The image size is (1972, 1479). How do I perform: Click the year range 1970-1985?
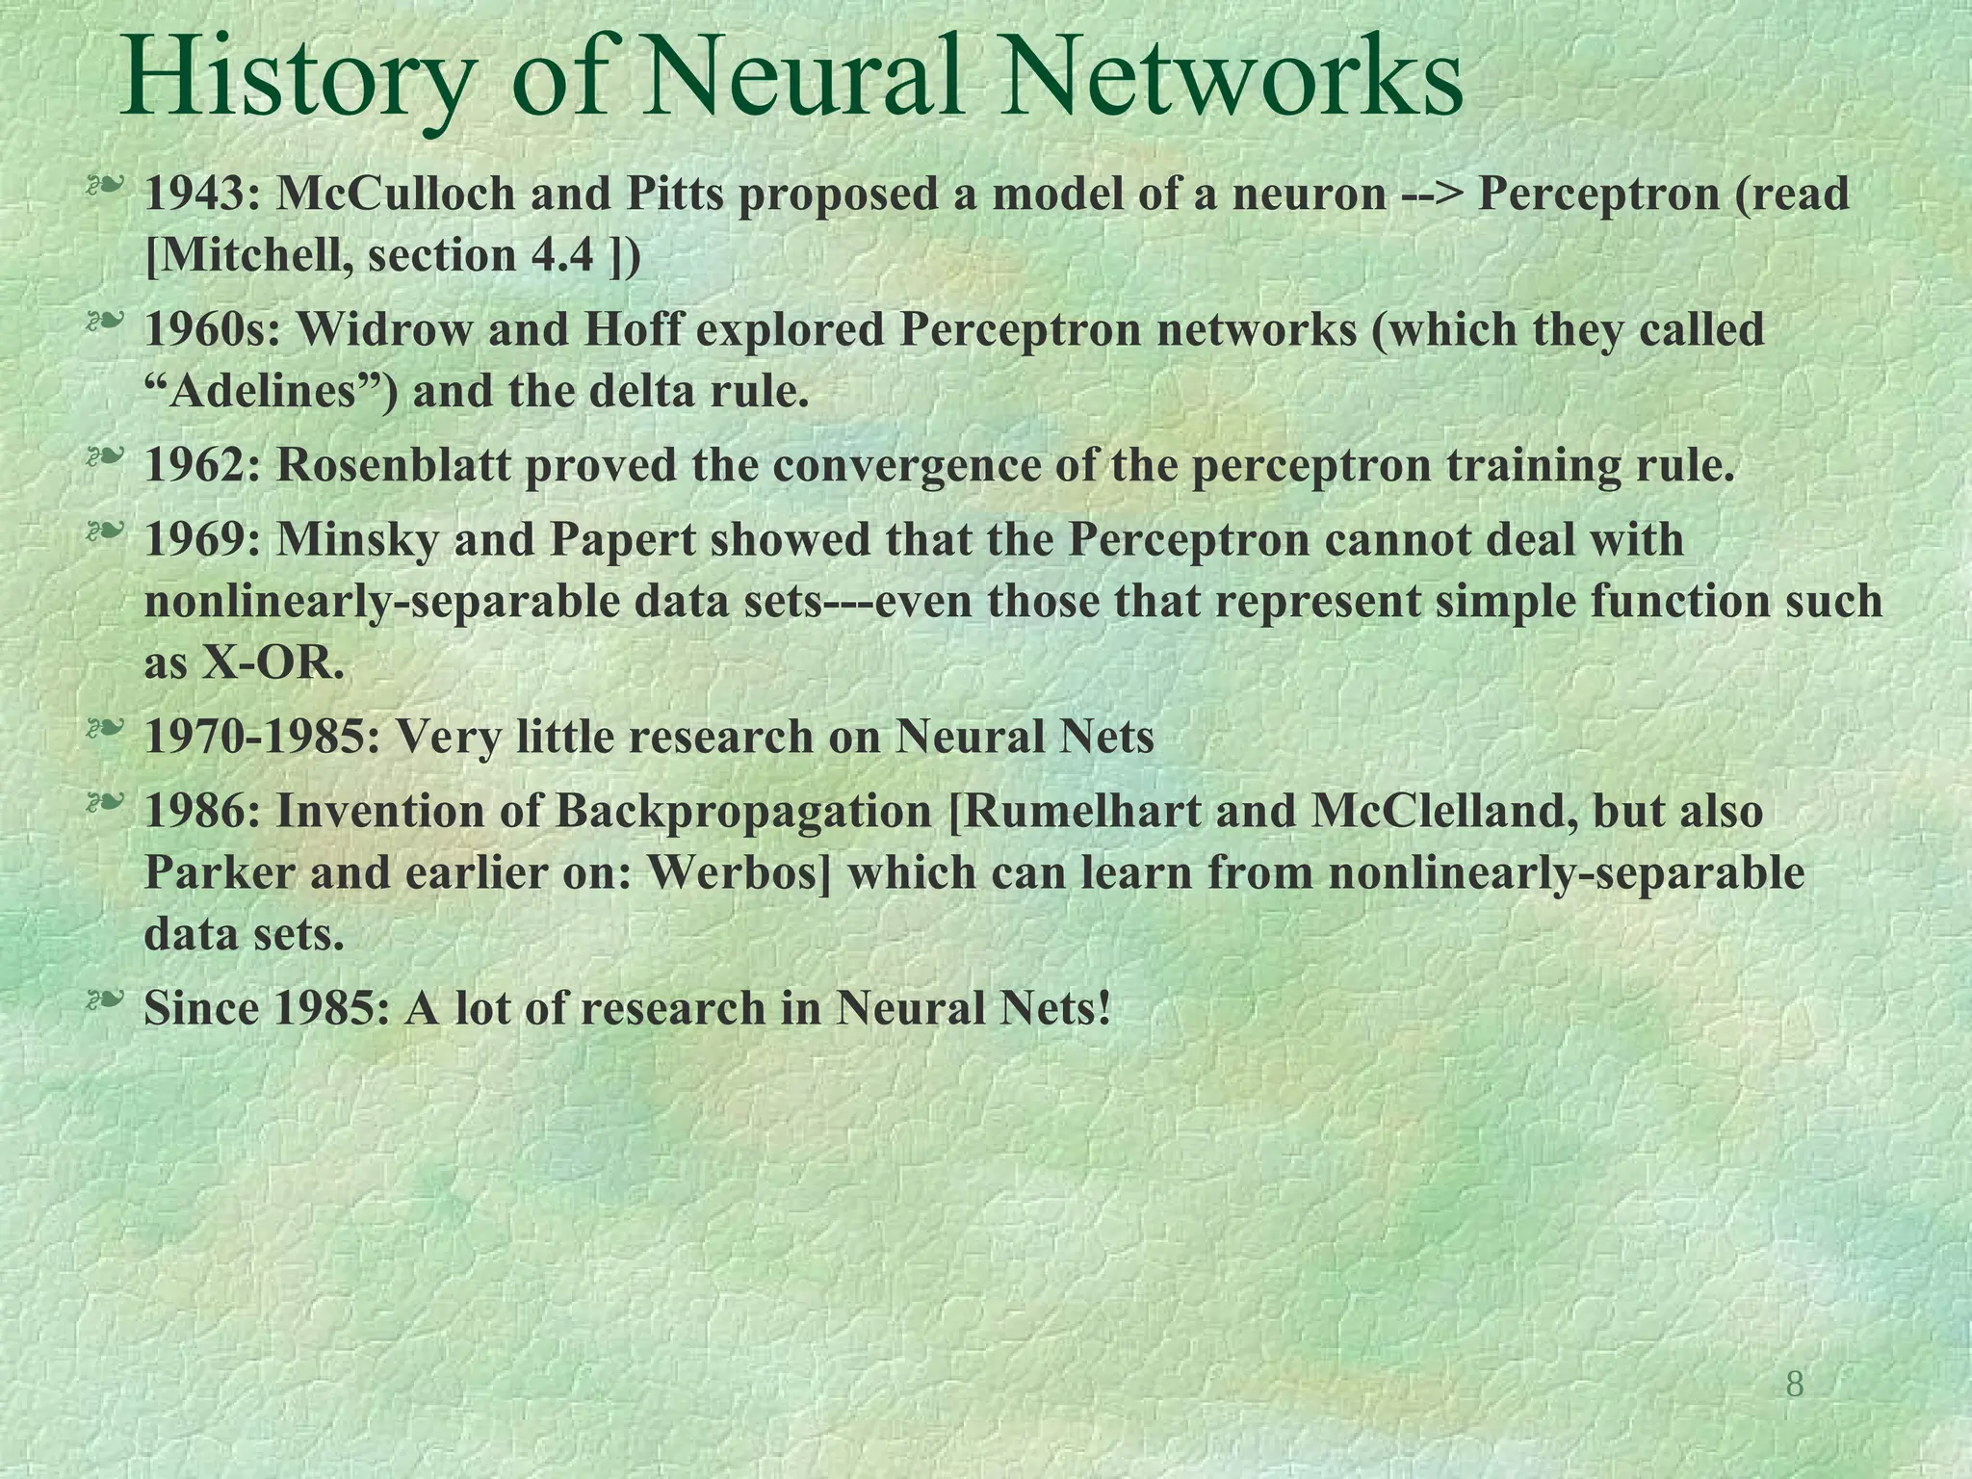(x=258, y=738)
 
